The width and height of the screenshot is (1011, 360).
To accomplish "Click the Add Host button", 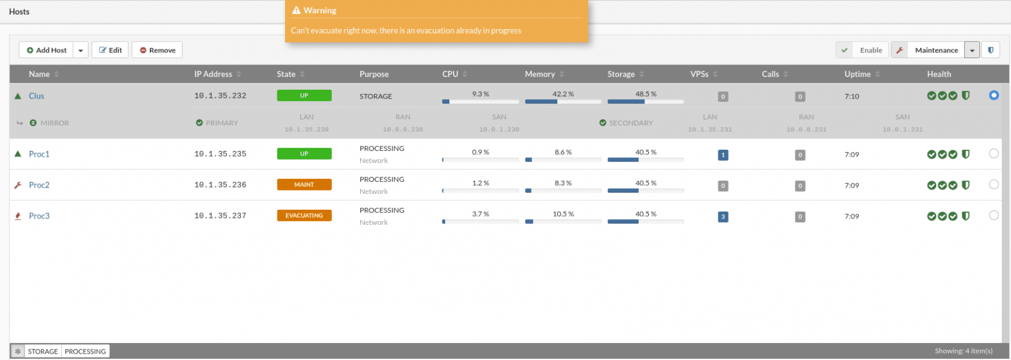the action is click(46, 50).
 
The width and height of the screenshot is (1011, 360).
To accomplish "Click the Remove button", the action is click(157, 50).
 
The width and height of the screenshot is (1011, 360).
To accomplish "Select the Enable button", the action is click(862, 50).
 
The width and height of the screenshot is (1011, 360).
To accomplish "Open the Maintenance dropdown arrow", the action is click(972, 50).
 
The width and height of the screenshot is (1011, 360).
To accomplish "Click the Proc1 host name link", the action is click(39, 154).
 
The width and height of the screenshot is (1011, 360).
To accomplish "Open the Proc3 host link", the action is click(39, 215).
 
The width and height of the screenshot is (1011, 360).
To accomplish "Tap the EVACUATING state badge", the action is click(304, 215).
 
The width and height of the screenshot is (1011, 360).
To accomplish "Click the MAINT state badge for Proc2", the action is click(304, 184).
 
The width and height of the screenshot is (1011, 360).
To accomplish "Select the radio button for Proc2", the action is click(993, 184).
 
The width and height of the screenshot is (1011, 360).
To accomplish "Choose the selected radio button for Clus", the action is click(993, 95).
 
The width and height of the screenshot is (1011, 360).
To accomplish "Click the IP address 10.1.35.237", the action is click(221, 215).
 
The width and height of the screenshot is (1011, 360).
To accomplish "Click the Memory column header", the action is click(540, 74).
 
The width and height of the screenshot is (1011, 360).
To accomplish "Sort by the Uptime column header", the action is click(857, 74).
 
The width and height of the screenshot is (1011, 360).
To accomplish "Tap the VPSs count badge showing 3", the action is click(723, 217).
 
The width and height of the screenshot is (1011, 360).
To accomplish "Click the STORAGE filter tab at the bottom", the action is click(43, 351).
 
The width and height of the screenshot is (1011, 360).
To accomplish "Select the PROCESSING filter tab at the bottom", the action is click(85, 351).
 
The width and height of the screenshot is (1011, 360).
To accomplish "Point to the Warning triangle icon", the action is click(296, 10).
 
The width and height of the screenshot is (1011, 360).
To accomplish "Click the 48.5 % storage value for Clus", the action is click(646, 94).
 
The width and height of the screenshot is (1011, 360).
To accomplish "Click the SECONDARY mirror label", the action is click(631, 123).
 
